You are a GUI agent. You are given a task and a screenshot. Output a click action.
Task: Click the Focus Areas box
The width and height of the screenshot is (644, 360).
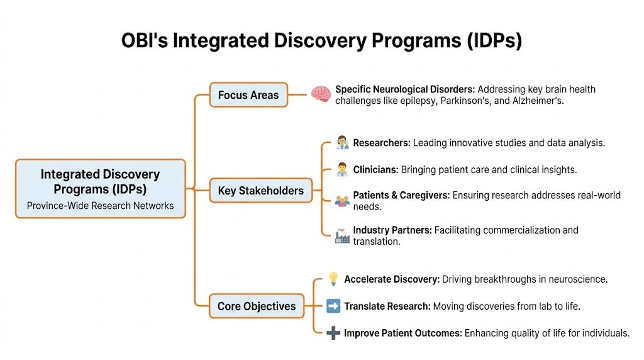point(248,95)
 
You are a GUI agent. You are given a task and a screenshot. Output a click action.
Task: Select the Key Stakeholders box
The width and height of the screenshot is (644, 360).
point(260,190)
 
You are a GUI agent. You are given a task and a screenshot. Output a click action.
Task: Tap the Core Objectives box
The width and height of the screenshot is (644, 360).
point(256,307)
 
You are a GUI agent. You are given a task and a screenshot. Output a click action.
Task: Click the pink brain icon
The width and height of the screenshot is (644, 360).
point(321,94)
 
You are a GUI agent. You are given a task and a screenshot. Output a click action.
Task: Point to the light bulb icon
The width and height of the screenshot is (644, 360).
point(333,279)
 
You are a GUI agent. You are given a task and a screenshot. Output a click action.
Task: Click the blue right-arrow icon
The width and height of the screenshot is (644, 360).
point(333,307)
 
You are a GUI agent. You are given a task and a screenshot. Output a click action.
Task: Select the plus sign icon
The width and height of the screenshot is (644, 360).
point(333,334)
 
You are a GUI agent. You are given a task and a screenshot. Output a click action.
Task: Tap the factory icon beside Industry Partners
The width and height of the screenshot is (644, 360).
point(342,236)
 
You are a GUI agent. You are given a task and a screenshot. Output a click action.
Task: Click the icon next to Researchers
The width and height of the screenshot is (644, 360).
point(342,143)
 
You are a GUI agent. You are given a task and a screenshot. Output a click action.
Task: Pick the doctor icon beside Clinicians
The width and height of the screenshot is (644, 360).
point(342,170)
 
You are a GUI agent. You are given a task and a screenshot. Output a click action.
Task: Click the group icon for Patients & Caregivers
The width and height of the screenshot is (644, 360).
point(342,201)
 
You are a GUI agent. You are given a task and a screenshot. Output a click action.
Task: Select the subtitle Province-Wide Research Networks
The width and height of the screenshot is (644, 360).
point(100,205)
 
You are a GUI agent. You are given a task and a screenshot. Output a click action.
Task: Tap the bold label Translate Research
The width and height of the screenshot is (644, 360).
point(387,307)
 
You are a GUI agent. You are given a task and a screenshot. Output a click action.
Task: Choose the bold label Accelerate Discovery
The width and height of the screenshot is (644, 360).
point(391,279)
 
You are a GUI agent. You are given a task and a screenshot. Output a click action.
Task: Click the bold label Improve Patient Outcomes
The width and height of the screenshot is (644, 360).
point(402,334)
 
